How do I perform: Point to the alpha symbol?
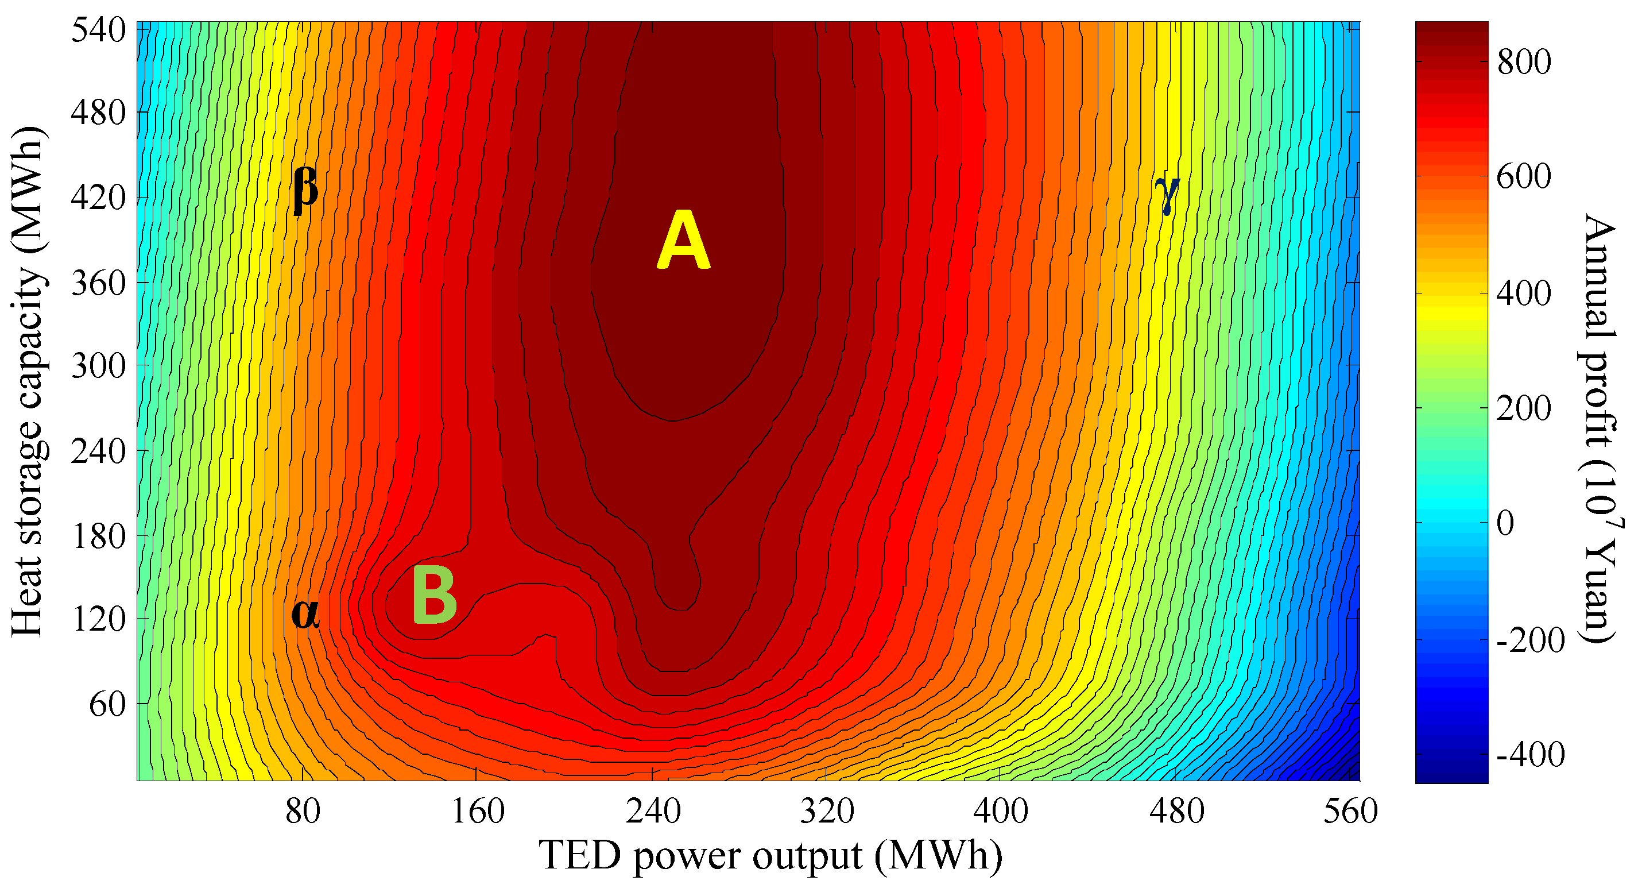coord(305,614)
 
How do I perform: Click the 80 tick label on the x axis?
coord(303,812)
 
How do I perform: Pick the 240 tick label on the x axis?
coord(653,812)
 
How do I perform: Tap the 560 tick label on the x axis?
coord(1350,812)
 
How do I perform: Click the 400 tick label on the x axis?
coord(1001,812)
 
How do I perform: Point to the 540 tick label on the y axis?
coord(99,30)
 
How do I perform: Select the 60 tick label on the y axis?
coord(108,704)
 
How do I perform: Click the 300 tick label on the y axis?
coord(99,366)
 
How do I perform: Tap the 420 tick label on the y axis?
coord(99,198)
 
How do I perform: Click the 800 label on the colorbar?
coord(1524,63)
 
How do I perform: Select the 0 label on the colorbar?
coord(1506,523)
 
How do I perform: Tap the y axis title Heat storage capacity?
coord(29,381)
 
